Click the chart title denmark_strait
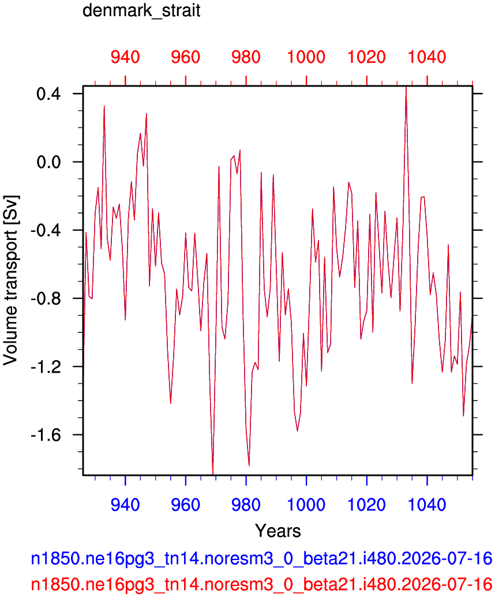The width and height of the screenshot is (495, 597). (141, 10)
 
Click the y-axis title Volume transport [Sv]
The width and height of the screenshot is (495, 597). (10, 280)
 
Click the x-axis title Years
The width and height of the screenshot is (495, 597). (278, 531)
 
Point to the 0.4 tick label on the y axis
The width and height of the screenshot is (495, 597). (48, 93)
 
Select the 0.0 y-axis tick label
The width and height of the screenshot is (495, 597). (48, 162)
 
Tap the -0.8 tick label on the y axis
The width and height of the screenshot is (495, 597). (46, 298)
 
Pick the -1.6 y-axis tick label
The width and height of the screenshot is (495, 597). (46, 435)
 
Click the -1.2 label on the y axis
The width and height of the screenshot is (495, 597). (46, 367)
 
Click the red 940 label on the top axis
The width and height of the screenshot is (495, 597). (125, 57)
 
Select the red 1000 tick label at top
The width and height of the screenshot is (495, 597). (306, 57)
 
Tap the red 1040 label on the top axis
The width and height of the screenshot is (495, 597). (427, 57)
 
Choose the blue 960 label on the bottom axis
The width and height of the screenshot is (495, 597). (185, 505)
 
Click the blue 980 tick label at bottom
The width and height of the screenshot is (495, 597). (246, 505)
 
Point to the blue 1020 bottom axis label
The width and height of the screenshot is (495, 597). (367, 505)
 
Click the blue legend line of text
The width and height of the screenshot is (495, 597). (261, 559)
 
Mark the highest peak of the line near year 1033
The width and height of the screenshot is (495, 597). (406, 88)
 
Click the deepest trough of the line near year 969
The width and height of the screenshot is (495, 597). (213, 473)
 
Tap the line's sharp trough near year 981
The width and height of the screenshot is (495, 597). (249, 465)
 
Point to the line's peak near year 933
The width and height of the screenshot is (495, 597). (104, 106)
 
